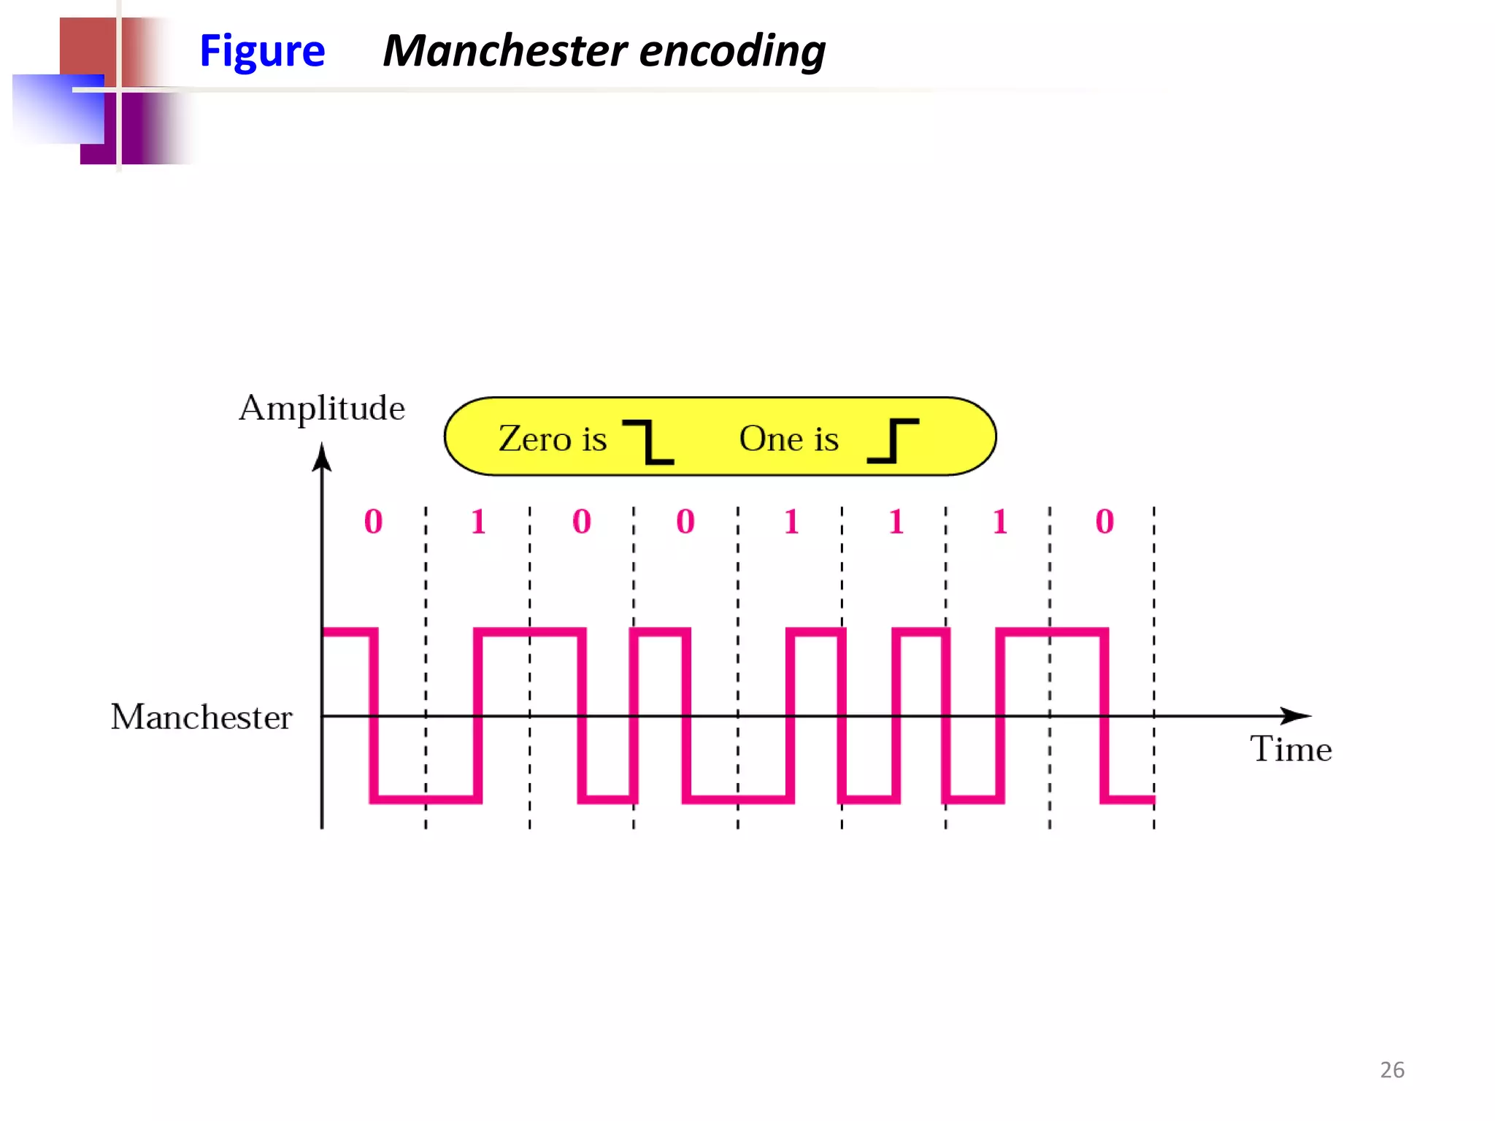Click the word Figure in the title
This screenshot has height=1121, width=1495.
pos(262,52)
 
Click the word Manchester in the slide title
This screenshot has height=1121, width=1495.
pos(504,50)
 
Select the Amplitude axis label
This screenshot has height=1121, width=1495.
pos(321,408)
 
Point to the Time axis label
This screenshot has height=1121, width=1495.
pos(1291,750)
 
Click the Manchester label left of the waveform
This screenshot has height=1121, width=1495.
pos(201,717)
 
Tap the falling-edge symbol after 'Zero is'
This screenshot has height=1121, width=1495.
pos(649,442)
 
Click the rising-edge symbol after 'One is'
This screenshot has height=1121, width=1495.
pos(893,441)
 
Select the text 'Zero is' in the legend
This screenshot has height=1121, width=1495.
pos(553,439)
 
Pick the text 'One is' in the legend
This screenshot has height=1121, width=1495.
pos(788,439)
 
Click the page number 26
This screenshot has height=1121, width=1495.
pos(1392,1070)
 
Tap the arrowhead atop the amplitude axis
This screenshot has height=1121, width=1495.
pos(322,458)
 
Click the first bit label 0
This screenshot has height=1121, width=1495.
pos(373,522)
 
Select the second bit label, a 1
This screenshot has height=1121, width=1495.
pos(478,522)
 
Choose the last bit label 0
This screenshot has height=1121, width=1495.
pos(1104,522)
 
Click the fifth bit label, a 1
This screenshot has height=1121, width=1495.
pos(791,522)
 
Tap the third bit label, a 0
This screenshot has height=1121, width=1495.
pos(582,522)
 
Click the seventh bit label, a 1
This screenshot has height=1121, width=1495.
pos(1000,522)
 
